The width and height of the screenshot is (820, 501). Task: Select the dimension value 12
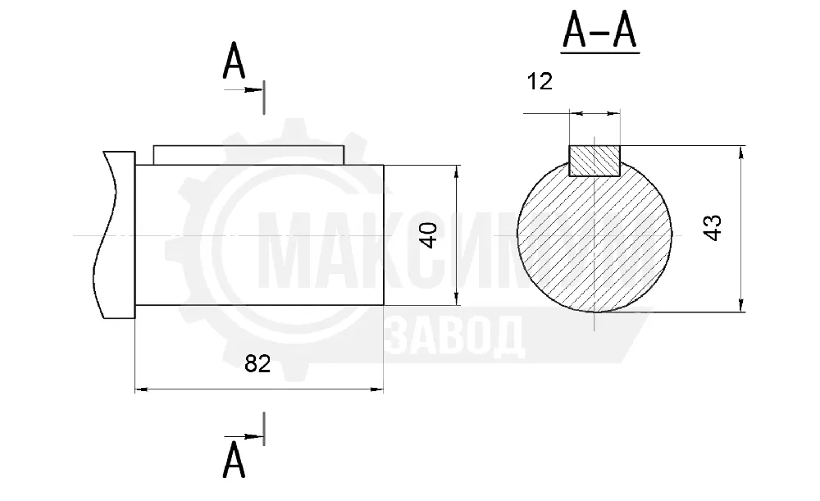(x=540, y=81)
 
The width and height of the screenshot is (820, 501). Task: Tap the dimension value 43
(x=713, y=227)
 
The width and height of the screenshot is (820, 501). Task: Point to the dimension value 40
(x=429, y=235)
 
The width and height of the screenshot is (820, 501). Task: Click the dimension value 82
(x=257, y=363)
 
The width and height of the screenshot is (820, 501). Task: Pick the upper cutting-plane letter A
(x=234, y=61)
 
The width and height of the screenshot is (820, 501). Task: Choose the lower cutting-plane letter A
(x=234, y=460)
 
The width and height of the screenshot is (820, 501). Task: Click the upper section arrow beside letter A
(x=244, y=90)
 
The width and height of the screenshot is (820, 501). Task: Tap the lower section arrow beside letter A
(x=244, y=436)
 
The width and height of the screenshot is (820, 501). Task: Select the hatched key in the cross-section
(x=594, y=161)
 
